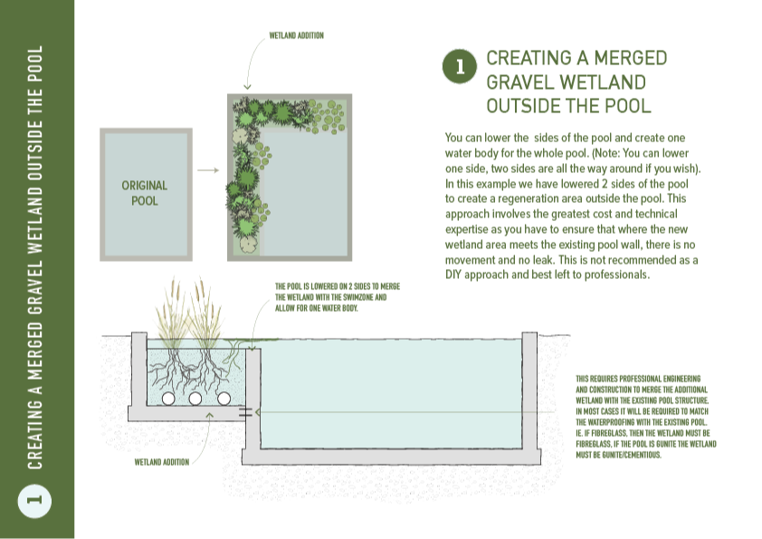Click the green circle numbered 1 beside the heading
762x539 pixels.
click(x=459, y=66)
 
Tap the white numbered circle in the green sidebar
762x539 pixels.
click(x=34, y=501)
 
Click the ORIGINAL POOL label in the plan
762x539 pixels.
click(x=144, y=193)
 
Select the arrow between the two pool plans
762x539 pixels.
click(x=208, y=170)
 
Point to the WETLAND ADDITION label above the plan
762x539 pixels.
click(x=297, y=35)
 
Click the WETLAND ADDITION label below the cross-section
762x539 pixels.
click(x=162, y=462)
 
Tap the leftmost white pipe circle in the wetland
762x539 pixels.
click(x=168, y=399)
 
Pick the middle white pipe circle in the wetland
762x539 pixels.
click(x=195, y=399)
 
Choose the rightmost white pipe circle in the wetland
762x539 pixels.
click(x=224, y=399)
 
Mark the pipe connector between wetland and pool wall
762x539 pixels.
click(x=245, y=412)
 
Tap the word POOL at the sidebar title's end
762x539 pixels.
click(x=35, y=64)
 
